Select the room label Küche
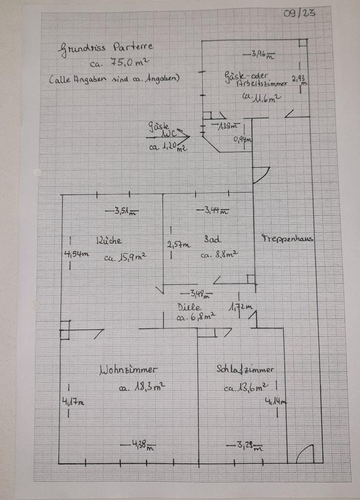(108, 241)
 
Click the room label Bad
(212, 240)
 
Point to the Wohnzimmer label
(128, 370)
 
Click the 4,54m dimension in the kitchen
(76, 254)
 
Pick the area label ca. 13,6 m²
(246, 387)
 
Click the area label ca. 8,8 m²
(219, 255)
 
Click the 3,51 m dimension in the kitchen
(121, 211)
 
